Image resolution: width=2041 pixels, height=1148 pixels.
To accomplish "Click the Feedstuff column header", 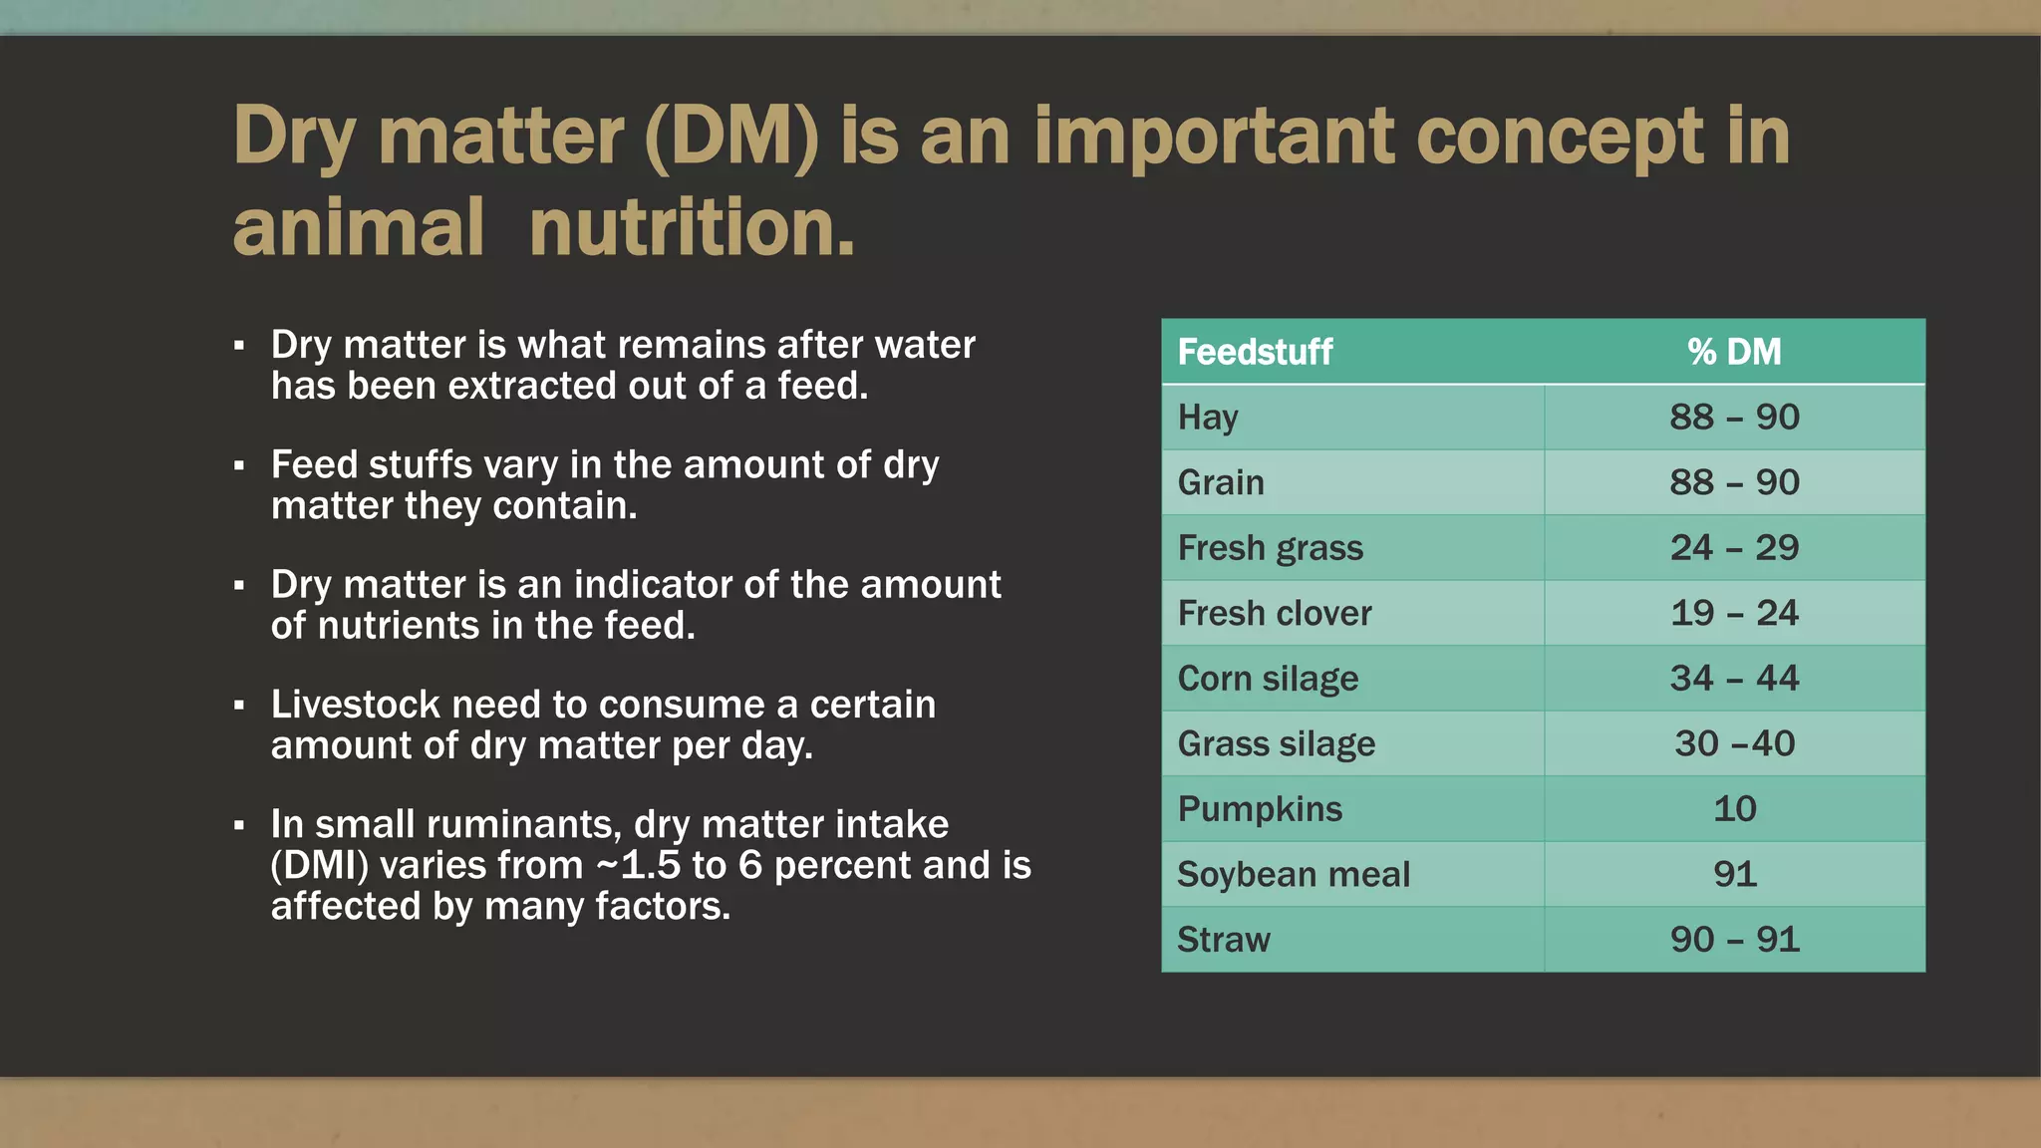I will click(1255, 352).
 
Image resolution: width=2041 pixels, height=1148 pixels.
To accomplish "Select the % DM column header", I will click(1734, 352).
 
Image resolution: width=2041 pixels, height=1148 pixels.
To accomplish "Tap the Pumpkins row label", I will click(1260, 809).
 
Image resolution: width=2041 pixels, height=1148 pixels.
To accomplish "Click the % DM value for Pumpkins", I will click(1734, 809).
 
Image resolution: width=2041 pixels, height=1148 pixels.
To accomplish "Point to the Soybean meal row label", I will click(1294, 874).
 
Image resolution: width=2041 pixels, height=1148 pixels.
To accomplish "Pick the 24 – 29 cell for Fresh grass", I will click(1734, 547).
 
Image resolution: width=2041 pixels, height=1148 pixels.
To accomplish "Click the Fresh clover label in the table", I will click(1275, 613).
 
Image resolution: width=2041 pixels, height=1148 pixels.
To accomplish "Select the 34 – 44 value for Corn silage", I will click(1734, 679).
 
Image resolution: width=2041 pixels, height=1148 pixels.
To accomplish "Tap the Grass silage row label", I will click(1276, 743).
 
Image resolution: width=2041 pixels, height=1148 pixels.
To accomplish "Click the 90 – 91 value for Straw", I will click(1734, 940).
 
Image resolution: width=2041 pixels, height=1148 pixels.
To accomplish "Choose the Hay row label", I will click(1208, 417).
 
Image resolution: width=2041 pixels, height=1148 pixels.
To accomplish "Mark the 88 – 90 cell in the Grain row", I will click(1734, 482).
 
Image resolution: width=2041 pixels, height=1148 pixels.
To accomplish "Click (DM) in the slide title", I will click(731, 137).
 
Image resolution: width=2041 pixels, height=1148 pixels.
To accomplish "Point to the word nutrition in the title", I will click(692, 228).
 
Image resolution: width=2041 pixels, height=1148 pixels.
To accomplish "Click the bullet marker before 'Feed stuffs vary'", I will click(239, 465).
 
